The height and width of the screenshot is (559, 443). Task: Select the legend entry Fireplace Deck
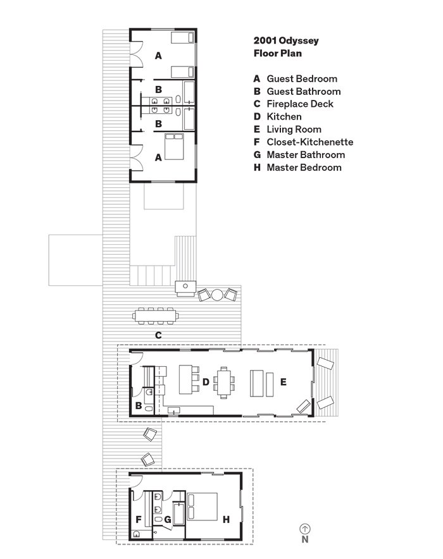(x=300, y=104)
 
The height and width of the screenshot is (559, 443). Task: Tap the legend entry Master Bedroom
(x=304, y=168)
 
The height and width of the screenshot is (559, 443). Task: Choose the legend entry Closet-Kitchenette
(x=310, y=142)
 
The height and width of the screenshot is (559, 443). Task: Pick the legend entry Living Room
(x=294, y=130)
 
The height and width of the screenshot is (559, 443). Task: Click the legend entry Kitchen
(x=284, y=117)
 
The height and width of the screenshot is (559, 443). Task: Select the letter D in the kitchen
(x=206, y=381)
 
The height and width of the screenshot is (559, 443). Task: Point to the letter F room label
(x=137, y=520)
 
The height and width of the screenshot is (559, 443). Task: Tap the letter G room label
(x=167, y=520)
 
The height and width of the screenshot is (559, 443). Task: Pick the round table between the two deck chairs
(x=217, y=294)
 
